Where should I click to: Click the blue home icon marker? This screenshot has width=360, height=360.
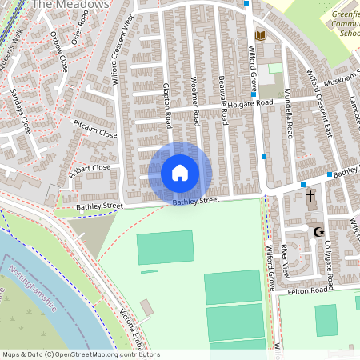(180, 173)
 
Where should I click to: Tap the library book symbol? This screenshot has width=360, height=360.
(260, 35)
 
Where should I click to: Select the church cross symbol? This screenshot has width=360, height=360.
(310, 195)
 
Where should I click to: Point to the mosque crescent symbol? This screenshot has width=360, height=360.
(318, 231)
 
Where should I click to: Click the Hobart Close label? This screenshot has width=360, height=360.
(90, 168)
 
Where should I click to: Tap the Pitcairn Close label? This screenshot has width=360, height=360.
(94, 130)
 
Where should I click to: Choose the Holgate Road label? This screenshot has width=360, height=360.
(250, 103)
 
